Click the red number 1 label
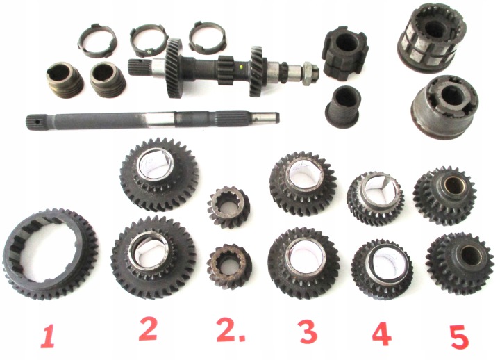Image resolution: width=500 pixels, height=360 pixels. click(48, 336)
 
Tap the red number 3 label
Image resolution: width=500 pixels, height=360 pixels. click(308, 332)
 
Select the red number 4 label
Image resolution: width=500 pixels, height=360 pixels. click(382, 334)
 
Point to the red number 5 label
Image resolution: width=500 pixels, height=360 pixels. click(459, 336)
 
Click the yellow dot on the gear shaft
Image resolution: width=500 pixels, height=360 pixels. click(241, 67)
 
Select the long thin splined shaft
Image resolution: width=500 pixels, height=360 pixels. click(152, 118)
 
